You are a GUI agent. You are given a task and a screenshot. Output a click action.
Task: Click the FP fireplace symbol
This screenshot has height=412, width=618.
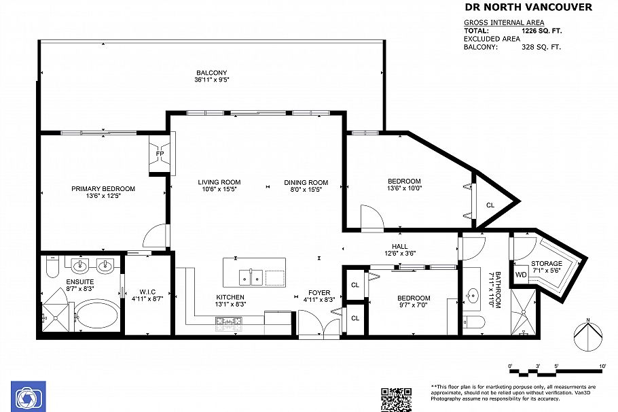point(160,154)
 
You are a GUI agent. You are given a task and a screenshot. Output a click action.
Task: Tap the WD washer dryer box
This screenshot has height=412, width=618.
point(520,275)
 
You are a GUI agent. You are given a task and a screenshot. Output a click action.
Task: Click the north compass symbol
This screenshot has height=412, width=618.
point(589,337)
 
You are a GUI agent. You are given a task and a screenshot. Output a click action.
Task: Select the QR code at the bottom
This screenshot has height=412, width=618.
point(396,399)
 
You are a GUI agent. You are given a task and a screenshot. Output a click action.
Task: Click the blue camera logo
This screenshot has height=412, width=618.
point(28,396)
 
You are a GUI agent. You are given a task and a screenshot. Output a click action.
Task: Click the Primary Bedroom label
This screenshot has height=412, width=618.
point(103,189)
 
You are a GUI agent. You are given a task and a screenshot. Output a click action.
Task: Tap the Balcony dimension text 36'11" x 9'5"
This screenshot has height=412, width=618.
point(211,80)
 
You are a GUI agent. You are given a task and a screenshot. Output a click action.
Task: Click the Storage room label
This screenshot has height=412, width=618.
point(547,263)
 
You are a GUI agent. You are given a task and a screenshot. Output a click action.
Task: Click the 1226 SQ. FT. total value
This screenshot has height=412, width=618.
point(541,31)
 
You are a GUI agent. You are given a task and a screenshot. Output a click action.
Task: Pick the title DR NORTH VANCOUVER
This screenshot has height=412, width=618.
point(527,7)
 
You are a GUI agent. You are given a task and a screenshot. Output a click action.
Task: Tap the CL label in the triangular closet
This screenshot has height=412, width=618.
point(490,205)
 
